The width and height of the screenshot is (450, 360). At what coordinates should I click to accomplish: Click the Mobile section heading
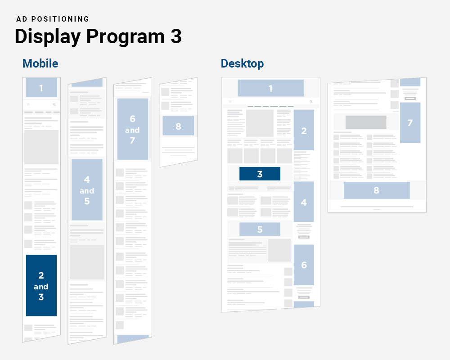coord(40,63)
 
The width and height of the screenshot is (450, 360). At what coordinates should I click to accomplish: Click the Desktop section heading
coord(242,63)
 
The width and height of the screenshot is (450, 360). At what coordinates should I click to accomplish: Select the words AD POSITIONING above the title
coord(53,19)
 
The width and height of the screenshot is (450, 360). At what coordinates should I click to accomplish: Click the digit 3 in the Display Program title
coord(176,36)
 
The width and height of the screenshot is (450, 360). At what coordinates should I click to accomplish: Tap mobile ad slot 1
coord(41,88)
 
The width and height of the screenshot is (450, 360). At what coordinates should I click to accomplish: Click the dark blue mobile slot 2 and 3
coord(41,285)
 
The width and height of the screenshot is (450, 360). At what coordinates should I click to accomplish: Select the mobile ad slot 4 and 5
coord(87,190)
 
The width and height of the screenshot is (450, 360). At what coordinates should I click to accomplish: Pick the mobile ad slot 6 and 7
coord(132,129)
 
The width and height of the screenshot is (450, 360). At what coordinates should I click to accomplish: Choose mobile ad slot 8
coord(178,126)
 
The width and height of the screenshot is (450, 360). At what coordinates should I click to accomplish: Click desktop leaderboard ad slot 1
coord(270,88)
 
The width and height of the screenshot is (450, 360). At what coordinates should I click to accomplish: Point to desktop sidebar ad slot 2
coord(304,130)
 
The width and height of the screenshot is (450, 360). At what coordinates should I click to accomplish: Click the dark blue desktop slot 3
coord(260,174)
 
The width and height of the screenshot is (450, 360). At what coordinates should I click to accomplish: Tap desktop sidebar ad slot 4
coord(304,202)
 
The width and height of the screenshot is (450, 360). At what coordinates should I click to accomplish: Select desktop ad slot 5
coord(260,229)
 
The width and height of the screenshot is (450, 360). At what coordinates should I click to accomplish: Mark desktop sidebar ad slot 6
coord(304,265)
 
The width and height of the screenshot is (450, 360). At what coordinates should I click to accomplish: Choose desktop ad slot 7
coord(410,122)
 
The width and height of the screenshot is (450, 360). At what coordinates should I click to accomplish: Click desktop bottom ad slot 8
coord(376,190)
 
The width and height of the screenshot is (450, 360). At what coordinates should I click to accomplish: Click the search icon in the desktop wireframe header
coord(311,102)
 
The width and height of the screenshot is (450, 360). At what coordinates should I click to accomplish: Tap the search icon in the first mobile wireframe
coord(54,104)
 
